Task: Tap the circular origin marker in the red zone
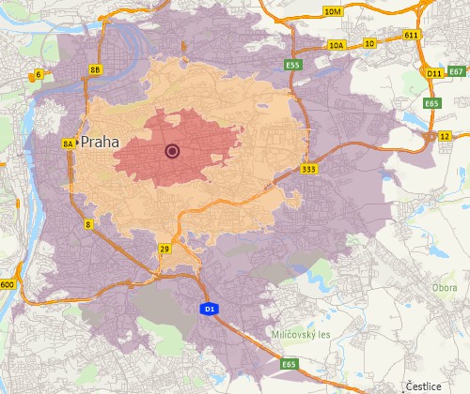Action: coord(172,150)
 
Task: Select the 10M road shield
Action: coord(332,11)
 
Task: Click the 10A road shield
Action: coord(337,44)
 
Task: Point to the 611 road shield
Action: coord(411,34)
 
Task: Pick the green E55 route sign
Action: coord(294,65)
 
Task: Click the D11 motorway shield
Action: coord(433,72)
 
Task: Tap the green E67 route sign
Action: coord(456,71)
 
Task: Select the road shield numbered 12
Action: coord(445,136)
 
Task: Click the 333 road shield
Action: coord(309,169)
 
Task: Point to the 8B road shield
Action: coord(95,69)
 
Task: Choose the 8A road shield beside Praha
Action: coord(68,144)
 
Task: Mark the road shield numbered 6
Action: coord(39,73)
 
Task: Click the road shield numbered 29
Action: coord(164,249)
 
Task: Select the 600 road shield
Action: coord(8,284)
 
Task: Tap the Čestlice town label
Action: coord(423,386)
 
